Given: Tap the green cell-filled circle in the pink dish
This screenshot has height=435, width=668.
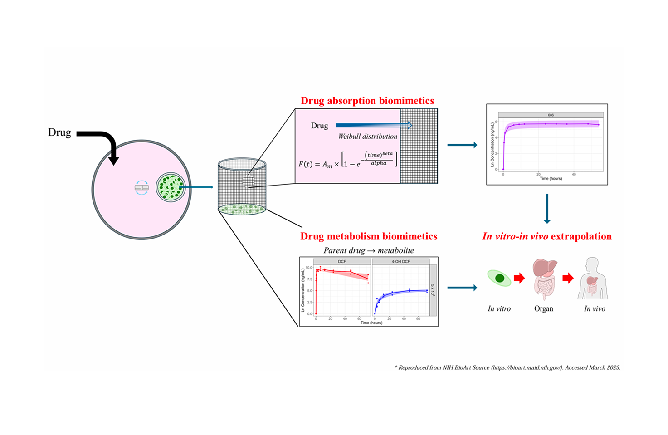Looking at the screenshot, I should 171,187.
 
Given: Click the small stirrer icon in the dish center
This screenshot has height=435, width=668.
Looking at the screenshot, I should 141,187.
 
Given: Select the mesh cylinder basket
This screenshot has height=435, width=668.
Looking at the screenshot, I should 242,186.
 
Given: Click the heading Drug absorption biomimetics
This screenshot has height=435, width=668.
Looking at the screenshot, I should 367,101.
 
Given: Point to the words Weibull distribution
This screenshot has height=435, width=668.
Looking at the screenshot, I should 367,136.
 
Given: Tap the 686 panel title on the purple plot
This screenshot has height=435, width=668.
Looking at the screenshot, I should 551,115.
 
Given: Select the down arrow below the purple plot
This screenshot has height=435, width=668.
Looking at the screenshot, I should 547,209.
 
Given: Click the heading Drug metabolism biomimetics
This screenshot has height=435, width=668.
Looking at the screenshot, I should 369,236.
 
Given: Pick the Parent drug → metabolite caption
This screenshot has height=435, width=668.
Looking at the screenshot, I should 369,250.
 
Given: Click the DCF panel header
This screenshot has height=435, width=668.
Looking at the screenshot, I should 342,262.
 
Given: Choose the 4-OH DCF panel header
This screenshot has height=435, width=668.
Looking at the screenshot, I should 400,262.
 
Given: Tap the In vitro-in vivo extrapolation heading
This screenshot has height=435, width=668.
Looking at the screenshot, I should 547,236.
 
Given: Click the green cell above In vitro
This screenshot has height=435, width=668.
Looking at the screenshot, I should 499,278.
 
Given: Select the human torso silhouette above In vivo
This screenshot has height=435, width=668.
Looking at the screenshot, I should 593,279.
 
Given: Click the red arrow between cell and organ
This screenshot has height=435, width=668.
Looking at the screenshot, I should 519,278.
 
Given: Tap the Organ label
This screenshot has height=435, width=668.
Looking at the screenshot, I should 544,309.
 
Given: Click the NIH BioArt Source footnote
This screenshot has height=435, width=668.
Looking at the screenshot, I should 507,367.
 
